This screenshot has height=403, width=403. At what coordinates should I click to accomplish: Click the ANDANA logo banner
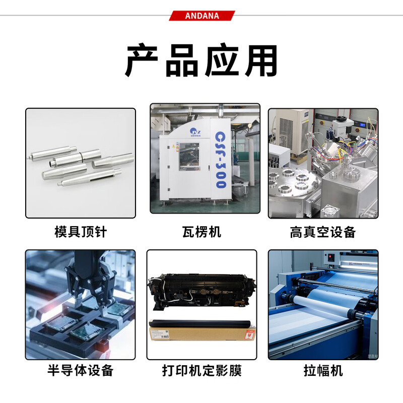(x=201, y=16)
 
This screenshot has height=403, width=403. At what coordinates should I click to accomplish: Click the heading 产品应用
(x=201, y=61)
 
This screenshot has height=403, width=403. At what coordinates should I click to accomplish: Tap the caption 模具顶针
(x=81, y=232)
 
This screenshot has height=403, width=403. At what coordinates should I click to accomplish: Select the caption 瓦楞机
(x=201, y=232)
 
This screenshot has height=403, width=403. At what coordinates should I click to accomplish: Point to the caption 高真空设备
(x=323, y=232)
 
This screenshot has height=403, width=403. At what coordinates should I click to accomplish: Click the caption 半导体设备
(x=81, y=371)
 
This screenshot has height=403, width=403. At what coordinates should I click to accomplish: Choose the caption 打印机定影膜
(x=201, y=371)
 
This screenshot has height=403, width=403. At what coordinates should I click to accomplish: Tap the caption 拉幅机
(x=323, y=371)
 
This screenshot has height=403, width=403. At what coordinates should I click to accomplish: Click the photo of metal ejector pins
(x=81, y=163)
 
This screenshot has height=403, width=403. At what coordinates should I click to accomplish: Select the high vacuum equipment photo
(x=323, y=163)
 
